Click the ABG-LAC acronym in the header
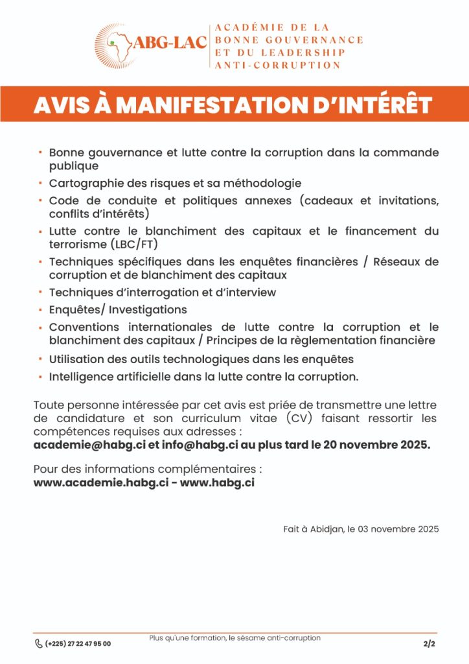170,43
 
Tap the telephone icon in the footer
38,643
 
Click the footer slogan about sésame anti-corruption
234,638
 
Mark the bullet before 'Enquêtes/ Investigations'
40,309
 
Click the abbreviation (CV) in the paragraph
299,418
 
